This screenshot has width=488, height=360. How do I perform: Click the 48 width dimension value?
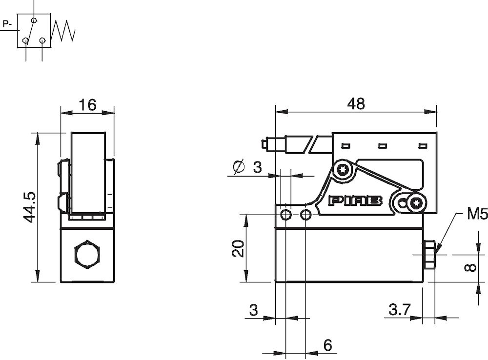[356, 103]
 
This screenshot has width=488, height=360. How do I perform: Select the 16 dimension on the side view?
[86, 104]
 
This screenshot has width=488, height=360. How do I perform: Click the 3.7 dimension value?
[400, 309]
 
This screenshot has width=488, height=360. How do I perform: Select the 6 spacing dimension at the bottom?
[327, 345]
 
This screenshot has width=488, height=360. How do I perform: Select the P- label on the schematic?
[7, 23]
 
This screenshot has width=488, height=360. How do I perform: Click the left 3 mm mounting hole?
[286, 215]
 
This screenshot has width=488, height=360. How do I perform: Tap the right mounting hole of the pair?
[305, 215]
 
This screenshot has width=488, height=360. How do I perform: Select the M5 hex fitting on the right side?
[429, 255]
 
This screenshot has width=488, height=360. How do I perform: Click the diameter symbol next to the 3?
[239, 167]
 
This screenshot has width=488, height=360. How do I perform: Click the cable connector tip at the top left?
[264, 145]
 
